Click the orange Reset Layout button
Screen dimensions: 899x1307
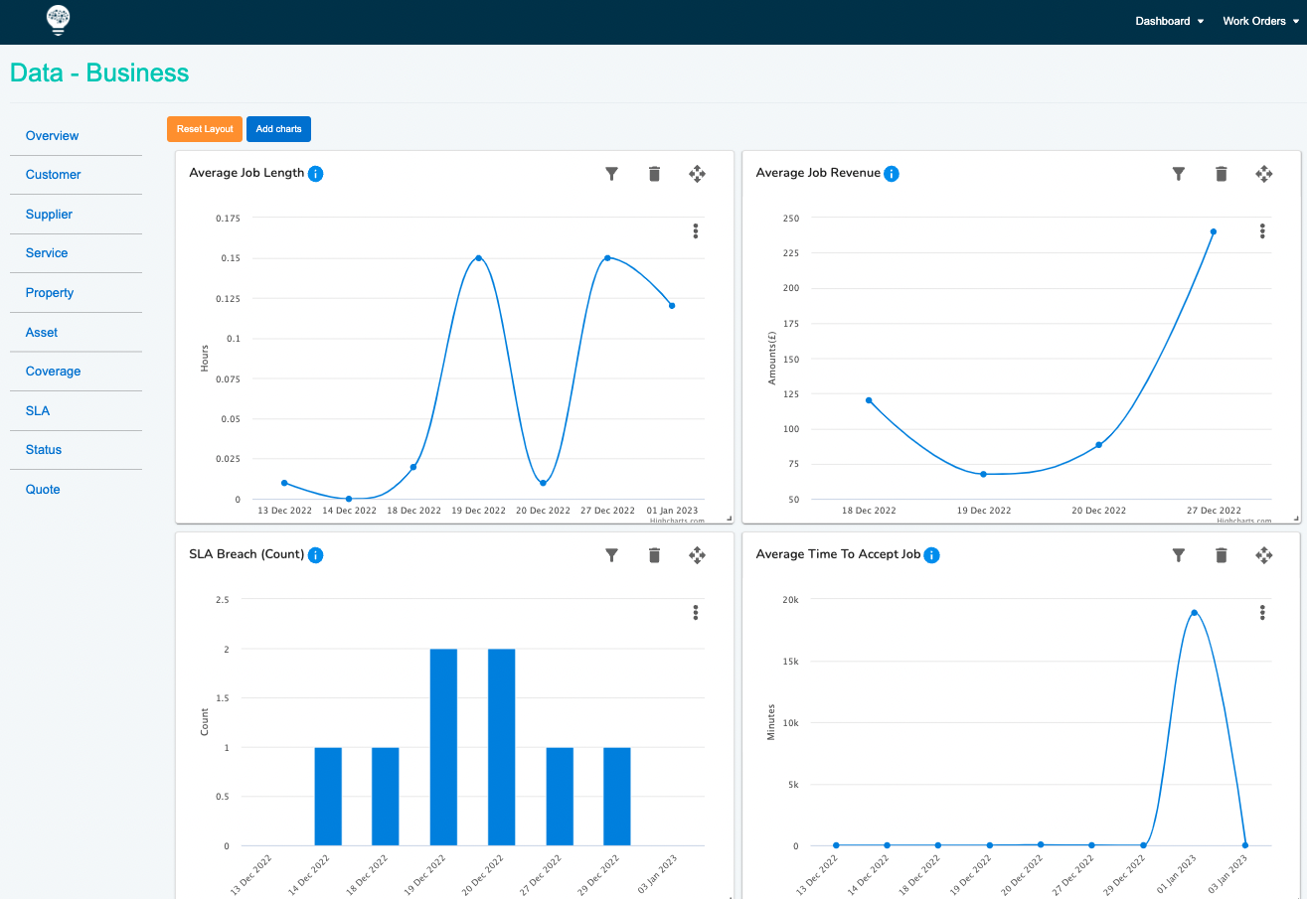205,129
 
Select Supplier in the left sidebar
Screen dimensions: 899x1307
49,215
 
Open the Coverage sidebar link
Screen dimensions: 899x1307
53,372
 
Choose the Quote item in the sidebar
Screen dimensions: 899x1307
43,490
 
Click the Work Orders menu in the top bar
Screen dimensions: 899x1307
1260,21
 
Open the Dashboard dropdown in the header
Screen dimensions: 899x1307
1169,21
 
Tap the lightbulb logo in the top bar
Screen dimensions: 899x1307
59,20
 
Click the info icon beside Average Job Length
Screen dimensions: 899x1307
316,174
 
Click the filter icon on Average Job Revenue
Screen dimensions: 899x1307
1179,174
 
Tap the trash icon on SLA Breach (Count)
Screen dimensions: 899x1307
654,555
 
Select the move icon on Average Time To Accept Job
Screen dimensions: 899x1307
1264,555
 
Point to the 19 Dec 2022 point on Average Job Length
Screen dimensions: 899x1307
479,258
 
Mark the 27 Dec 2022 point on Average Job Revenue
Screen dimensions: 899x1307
1214,231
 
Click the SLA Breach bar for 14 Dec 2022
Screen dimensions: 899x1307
328,796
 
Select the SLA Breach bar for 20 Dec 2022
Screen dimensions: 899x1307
501,747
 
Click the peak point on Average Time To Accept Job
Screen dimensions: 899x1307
1194,612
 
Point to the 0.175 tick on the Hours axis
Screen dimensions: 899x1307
228,219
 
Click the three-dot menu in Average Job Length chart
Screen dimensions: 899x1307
696,231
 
